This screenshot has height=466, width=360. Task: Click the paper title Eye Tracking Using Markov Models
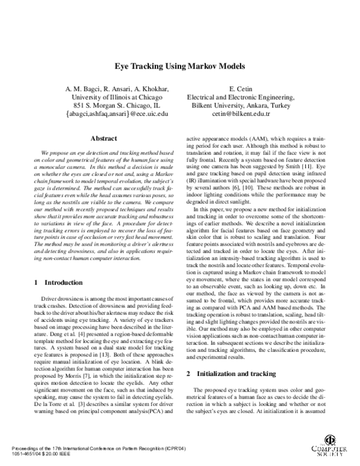tap(179, 68)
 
